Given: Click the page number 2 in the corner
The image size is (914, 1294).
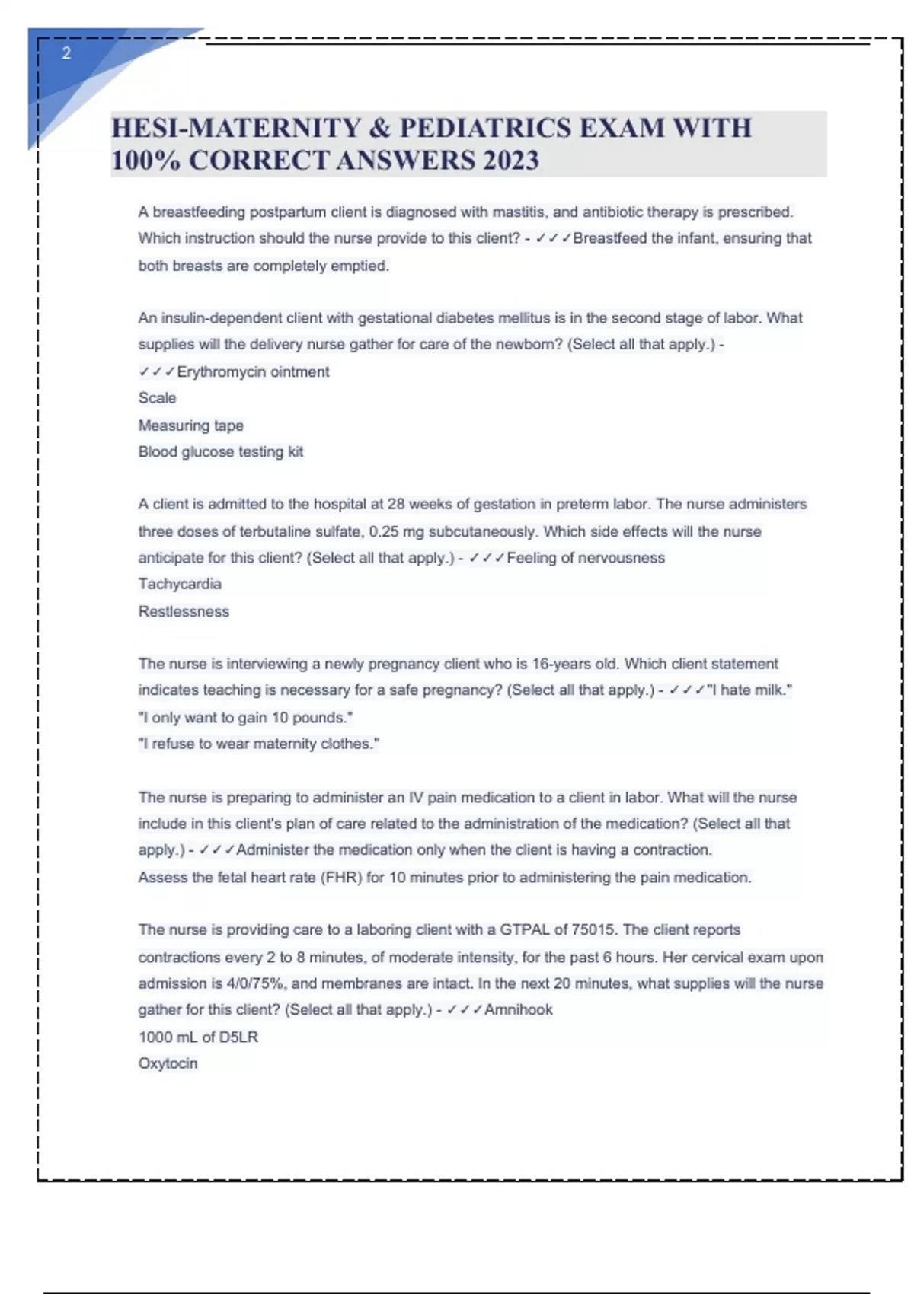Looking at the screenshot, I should pyautogui.click(x=66, y=53).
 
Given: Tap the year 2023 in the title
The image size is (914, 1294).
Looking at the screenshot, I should pyautogui.click(x=510, y=161).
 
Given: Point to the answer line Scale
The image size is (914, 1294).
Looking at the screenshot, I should pyautogui.click(x=157, y=398).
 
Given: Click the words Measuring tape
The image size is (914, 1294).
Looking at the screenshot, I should pyautogui.click(x=190, y=425).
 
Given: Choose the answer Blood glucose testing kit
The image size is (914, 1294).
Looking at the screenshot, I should pyautogui.click(x=220, y=452).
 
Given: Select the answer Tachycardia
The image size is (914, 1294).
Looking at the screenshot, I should pyautogui.click(x=180, y=585).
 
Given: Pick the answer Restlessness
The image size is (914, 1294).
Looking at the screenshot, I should pyautogui.click(x=184, y=612).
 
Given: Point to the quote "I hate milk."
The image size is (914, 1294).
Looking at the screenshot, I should pyautogui.click(x=749, y=690).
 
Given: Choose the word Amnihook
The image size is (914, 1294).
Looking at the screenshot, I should pyautogui.click(x=519, y=1010).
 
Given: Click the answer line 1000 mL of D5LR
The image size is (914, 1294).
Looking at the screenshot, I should pyautogui.click(x=198, y=1037).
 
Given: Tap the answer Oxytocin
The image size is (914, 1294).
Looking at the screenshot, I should pyautogui.click(x=168, y=1064).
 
